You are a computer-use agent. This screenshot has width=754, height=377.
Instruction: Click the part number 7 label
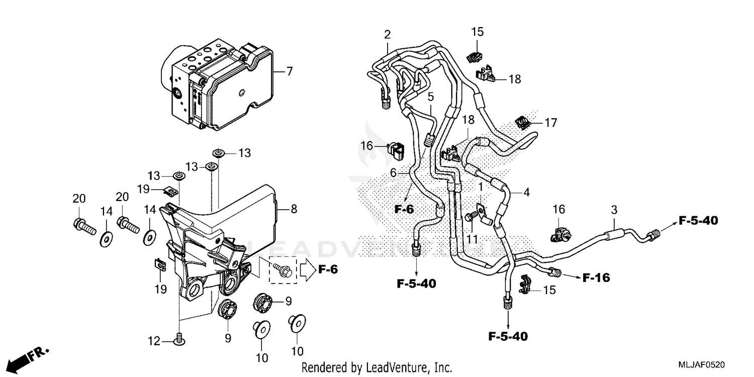tap(289, 71)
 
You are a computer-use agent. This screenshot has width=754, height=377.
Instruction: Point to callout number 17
tap(551, 122)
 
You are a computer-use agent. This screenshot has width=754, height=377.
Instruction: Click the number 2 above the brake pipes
tap(387, 35)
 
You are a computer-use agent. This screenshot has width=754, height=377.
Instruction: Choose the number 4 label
tap(526, 192)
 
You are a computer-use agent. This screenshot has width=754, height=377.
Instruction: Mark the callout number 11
tap(472, 239)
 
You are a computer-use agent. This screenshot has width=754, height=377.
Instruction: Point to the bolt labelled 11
tap(470, 216)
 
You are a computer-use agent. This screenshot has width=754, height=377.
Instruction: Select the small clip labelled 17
tap(522, 122)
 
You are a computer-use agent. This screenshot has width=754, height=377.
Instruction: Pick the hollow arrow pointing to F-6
tap(306, 269)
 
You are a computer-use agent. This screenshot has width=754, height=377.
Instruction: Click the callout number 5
tap(431, 96)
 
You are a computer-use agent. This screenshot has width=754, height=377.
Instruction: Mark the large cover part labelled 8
tap(231, 211)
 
